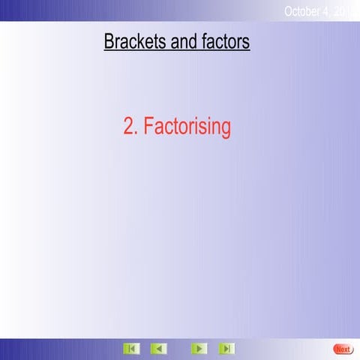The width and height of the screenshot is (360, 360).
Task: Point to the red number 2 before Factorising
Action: (129, 127)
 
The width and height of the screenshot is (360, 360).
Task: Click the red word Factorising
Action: (187, 127)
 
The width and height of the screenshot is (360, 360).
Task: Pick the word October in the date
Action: (304, 10)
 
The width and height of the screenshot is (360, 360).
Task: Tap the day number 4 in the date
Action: (329, 10)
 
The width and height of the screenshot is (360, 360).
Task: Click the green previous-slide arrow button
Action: (157, 349)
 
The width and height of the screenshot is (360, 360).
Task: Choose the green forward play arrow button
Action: (199, 349)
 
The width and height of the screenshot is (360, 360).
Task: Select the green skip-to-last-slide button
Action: (226, 349)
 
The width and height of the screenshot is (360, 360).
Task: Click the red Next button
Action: (343, 349)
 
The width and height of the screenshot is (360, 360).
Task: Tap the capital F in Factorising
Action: (148, 127)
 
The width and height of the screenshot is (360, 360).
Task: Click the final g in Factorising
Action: (225, 129)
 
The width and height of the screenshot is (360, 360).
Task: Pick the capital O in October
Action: (289, 10)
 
